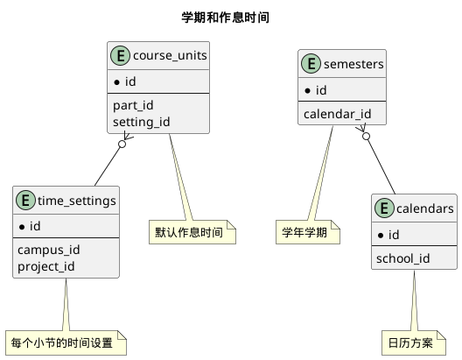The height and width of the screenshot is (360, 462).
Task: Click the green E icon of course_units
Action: click(121, 57)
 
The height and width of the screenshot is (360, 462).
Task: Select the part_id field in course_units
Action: click(133, 105)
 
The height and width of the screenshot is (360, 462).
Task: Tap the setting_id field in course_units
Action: click(141, 122)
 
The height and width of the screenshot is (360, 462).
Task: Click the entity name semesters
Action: click(353, 64)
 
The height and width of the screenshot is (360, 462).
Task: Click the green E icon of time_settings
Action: click(26, 201)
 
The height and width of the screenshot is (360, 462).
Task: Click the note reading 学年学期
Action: click(306, 232)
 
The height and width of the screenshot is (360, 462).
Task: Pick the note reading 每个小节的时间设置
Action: click(66, 342)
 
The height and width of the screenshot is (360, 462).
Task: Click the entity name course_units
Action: click(170, 57)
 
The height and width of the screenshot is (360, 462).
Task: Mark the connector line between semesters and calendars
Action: click(381, 162)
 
